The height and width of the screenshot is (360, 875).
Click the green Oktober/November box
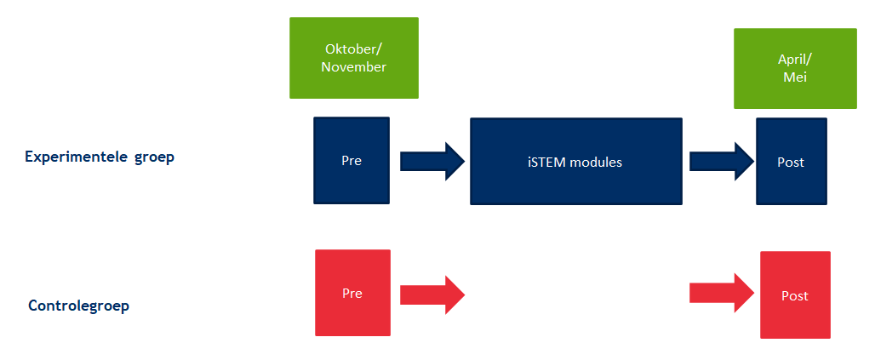point(353,58)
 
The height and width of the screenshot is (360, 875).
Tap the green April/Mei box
point(794,68)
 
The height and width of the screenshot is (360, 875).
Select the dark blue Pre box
point(352,161)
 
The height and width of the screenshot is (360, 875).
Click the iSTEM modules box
point(575,162)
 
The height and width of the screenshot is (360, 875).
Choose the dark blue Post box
point(791,162)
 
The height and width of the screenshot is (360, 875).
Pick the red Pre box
point(352,293)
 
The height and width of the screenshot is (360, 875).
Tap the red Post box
point(795,295)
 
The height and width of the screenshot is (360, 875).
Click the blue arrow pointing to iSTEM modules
point(432,161)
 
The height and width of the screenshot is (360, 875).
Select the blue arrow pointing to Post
point(721,161)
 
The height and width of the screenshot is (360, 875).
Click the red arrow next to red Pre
point(432,294)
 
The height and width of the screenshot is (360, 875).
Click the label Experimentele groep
point(100,157)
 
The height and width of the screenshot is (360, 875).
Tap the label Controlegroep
point(78,306)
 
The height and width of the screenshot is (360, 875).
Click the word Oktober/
point(353,49)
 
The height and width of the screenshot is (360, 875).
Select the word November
point(353,66)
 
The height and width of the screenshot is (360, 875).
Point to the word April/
point(794,60)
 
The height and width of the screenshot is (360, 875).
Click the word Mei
point(794,77)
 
